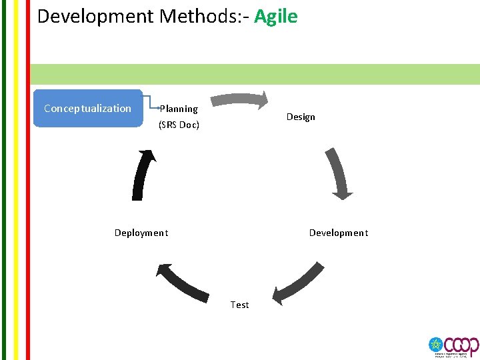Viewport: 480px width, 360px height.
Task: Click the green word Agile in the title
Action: pos(275,16)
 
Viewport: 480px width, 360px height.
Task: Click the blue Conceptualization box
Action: pos(88,109)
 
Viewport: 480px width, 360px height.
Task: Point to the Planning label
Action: pos(179,109)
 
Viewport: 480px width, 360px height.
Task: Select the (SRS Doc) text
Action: pos(179,125)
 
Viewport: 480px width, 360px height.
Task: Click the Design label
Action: pos(301,117)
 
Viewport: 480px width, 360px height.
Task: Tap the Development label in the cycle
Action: pos(338,233)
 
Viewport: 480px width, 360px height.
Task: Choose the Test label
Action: pos(239,305)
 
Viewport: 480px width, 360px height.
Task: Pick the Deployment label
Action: pos(141,233)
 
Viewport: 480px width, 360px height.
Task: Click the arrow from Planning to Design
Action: pos(240,100)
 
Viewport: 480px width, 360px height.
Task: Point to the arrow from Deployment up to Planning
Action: pos(143,175)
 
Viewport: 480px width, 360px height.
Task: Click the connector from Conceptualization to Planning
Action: pos(150,101)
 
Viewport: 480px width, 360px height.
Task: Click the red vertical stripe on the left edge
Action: pos(27,180)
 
